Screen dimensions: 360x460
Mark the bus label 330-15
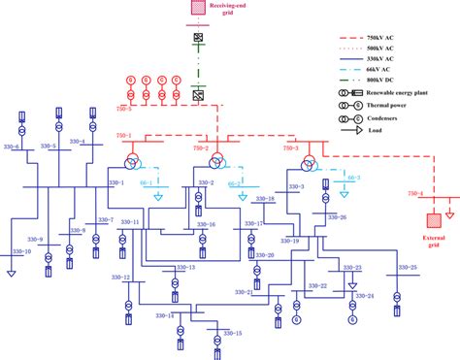coord(231,333)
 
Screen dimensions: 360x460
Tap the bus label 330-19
coord(289,240)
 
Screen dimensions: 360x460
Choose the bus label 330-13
coord(184,268)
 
